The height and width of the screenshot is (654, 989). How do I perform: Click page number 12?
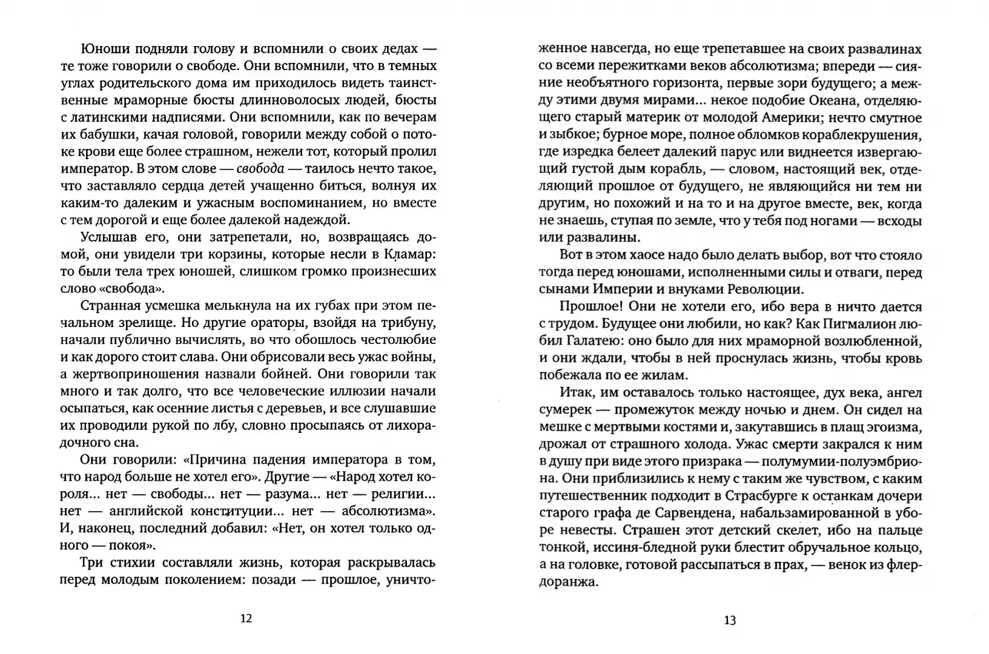point(246,618)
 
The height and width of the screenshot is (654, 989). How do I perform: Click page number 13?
point(730,620)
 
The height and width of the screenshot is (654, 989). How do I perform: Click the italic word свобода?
point(261,168)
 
